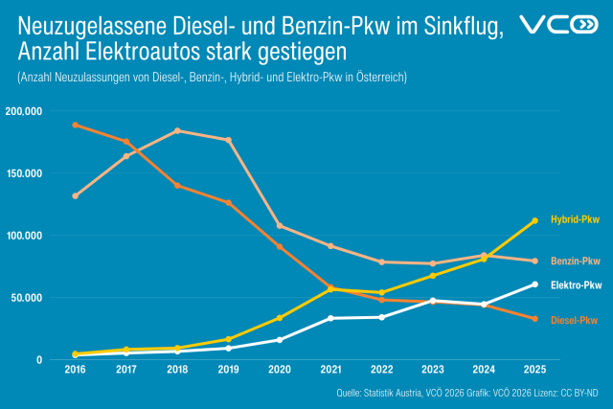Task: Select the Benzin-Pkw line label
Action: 576,261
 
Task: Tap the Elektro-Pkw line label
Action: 576,285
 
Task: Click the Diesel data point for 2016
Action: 75,125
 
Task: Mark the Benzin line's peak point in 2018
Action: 177,131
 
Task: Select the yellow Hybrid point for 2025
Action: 534,221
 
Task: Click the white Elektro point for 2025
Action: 534,284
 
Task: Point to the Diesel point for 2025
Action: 534,319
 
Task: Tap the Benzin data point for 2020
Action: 280,226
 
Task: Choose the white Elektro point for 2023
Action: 432,301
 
